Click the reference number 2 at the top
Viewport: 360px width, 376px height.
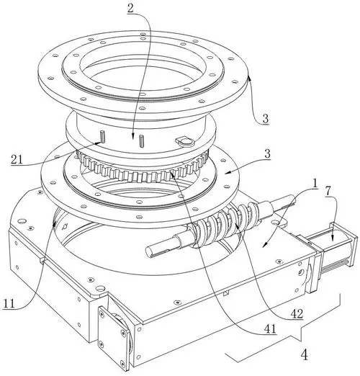[x=130, y=9]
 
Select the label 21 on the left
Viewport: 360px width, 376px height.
[x=17, y=159]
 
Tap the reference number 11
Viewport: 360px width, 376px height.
[x=9, y=304]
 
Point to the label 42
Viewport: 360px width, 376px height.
[x=297, y=313]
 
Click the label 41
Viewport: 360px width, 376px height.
[x=270, y=329]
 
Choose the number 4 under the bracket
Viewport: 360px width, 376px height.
[x=305, y=355]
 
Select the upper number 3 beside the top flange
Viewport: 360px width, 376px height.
[x=265, y=119]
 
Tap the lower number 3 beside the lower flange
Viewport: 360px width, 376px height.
[x=267, y=153]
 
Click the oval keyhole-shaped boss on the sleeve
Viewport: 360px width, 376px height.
[x=184, y=142]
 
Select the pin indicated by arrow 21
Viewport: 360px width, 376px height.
[x=103, y=136]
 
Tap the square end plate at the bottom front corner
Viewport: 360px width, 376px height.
[x=114, y=337]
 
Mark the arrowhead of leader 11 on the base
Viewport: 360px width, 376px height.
[x=55, y=223]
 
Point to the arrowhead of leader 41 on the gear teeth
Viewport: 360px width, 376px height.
[x=173, y=174]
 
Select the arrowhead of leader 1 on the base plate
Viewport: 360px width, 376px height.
[x=265, y=245]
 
